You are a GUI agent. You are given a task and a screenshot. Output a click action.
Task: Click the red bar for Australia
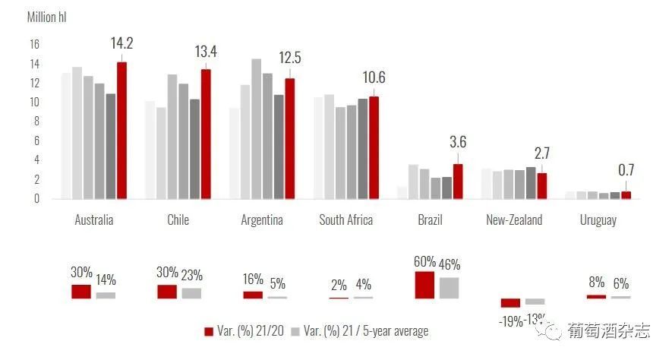click(x=121, y=131)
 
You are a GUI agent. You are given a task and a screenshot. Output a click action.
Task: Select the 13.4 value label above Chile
click(x=206, y=52)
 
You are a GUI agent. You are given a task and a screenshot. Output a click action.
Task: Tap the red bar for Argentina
click(x=290, y=138)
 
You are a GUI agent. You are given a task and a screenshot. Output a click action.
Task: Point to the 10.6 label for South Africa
click(x=374, y=77)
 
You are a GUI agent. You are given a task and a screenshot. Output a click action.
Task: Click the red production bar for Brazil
click(x=458, y=182)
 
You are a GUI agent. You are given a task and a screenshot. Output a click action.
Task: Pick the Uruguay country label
click(x=598, y=220)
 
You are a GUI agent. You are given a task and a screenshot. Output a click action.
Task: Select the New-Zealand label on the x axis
click(x=514, y=219)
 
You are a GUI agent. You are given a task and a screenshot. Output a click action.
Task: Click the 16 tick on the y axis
click(x=34, y=44)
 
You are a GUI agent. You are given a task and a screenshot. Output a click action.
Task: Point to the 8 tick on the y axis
click(x=36, y=122)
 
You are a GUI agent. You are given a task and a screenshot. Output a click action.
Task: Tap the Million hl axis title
click(x=47, y=17)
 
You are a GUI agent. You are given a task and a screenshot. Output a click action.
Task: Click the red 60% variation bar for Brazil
click(x=424, y=285)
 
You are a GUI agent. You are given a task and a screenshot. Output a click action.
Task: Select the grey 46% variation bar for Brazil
click(x=449, y=288)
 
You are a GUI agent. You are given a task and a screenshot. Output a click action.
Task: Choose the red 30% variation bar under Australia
click(x=81, y=292)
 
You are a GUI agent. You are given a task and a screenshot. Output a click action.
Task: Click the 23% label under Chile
click(x=191, y=275)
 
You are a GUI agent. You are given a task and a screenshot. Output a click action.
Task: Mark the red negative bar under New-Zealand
click(x=510, y=303)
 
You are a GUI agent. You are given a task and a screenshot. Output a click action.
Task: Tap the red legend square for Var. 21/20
click(x=209, y=331)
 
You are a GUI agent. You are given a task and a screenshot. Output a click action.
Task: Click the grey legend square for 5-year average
click(x=295, y=331)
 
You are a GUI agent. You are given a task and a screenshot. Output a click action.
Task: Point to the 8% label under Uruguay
click(x=596, y=282)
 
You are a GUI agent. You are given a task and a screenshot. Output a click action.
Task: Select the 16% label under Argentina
click(x=253, y=279)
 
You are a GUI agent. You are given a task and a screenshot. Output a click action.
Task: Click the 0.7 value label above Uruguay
click(x=626, y=170)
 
